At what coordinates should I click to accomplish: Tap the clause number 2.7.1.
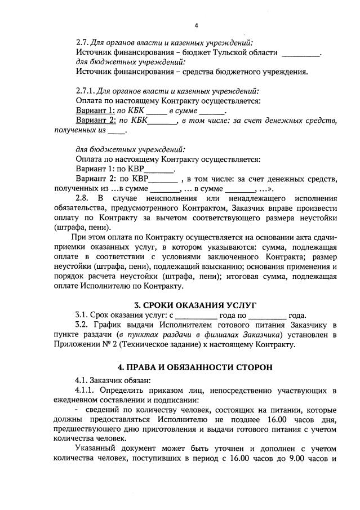pyautogui.click(x=85, y=91)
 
